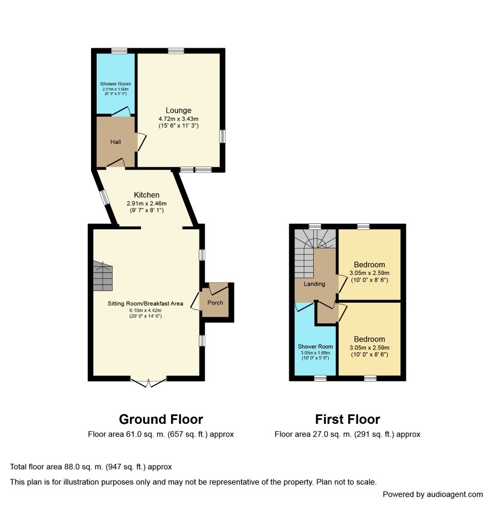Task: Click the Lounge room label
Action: coord(178,111)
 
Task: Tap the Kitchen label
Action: coord(147,195)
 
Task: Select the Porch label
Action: coord(215,303)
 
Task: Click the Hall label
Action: coord(116,142)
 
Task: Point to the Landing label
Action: coord(314,284)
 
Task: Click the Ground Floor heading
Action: coord(161,419)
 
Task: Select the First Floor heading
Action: coord(348,419)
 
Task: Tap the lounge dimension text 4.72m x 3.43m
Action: coord(178,119)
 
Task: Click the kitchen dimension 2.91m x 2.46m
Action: coord(147,204)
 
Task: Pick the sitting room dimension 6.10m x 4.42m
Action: coord(145,310)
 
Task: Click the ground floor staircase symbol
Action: coord(103,276)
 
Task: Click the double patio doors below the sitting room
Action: coord(149,383)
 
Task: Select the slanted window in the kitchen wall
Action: coord(104,197)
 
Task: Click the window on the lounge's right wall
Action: coord(222,136)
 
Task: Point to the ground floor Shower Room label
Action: coord(116,84)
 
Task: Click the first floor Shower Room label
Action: coord(315,347)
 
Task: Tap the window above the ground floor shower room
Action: coord(119,51)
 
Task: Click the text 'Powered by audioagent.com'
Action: coord(433,494)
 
